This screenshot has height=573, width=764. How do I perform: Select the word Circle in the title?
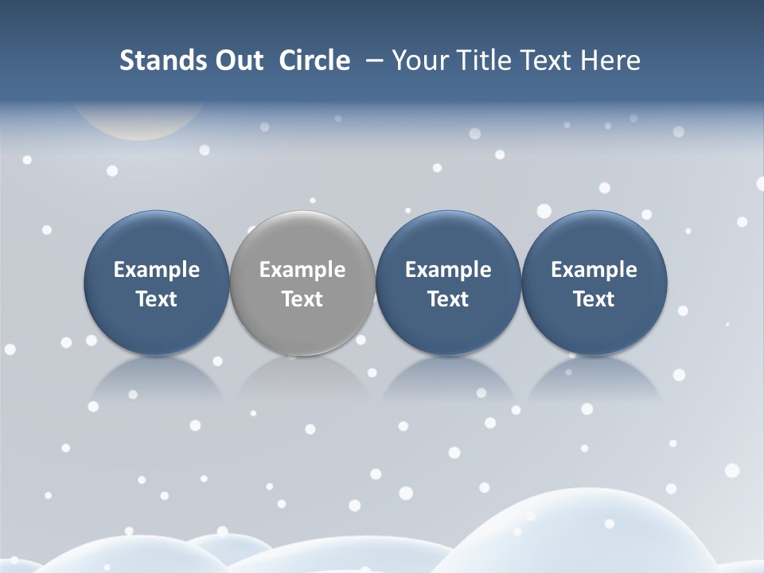pos(314,60)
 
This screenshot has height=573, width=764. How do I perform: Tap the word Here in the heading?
pos(610,60)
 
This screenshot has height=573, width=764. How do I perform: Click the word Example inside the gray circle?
pos(302,270)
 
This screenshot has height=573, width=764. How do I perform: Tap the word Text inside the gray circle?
pos(302,299)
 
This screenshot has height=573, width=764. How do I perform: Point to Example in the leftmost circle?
pos(156,270)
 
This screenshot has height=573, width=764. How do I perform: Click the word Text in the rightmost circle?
pos(594,299)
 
